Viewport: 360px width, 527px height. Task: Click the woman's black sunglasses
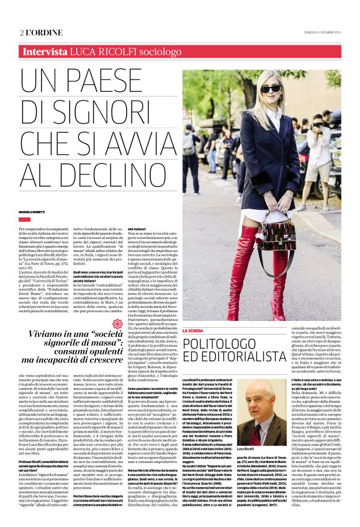(x=271, y=91)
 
